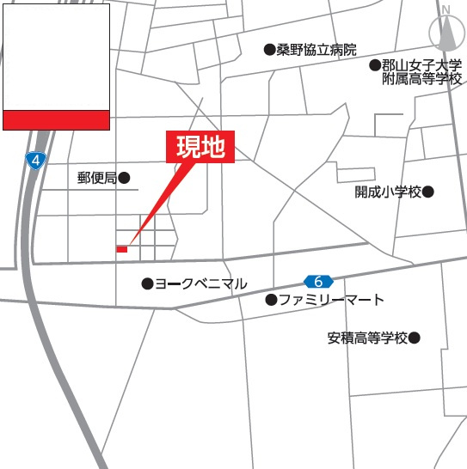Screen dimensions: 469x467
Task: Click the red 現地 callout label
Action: [x=200, y=148]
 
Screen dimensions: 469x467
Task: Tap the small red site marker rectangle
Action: [x=122, y=249]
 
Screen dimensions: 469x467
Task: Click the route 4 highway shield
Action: [x=34, y=161]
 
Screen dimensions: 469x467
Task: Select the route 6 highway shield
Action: [x=318, y=281]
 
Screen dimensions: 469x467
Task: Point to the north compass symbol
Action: [x=445, y=33]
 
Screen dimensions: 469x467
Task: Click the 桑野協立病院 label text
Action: [x=316, y=50]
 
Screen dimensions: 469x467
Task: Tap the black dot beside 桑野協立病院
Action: [x=269, y=50]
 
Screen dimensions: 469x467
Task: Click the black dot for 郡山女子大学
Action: [x=375, y=65]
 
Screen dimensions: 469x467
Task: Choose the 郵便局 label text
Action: [x=96, y=179]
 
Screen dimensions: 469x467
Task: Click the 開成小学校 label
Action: [x=388, y=192]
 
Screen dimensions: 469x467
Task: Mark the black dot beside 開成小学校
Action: [x=428, y=192]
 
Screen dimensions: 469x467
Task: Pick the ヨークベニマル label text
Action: [x=200, y=283]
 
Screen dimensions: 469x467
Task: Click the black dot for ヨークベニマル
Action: [x=147, y=283]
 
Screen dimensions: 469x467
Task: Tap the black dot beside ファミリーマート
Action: [x=271, y=300]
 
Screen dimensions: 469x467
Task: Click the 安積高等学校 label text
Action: [x=367, y=338]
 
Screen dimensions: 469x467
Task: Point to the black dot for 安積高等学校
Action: [x=415, y=338]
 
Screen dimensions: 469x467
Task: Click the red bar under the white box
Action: [x=56, y=119]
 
